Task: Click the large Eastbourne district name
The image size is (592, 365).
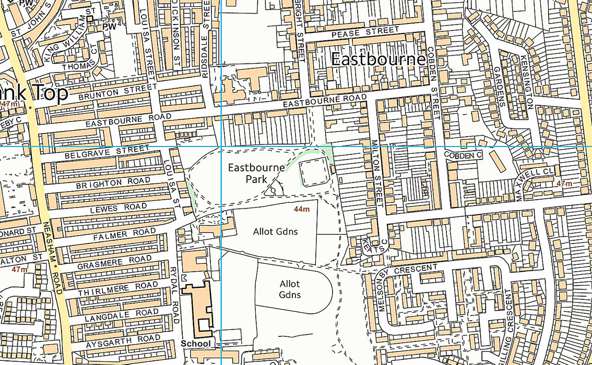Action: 378,59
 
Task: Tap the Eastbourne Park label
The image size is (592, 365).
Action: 256,173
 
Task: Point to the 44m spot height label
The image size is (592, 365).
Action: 302,209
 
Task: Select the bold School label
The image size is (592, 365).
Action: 196,344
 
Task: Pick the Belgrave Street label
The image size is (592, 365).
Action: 107,153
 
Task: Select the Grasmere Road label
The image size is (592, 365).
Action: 114,260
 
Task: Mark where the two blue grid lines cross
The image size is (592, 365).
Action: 221,147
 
